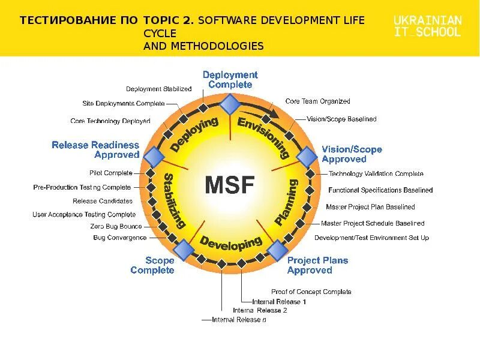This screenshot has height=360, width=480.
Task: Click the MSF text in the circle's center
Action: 230,185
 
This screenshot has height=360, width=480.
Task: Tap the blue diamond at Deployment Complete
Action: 229,105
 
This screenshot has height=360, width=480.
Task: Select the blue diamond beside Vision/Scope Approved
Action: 307,157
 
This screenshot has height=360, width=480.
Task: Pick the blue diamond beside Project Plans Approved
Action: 277,249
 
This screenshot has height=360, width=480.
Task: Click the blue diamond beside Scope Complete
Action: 184,249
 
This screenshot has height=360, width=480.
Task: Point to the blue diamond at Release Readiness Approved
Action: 154,157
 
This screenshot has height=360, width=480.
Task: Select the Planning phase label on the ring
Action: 287,202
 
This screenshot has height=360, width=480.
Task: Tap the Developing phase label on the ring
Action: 231,243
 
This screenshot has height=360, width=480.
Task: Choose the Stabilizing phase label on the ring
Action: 174,200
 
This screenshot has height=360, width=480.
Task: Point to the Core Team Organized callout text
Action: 317,101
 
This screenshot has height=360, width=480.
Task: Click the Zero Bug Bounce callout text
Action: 116,226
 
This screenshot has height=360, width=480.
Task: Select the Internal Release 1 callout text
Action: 279,301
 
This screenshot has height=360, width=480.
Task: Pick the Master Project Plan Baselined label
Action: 370,207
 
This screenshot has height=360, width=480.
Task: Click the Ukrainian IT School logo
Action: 427,26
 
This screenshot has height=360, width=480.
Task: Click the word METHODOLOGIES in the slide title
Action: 203,46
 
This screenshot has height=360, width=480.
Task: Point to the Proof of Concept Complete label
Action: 311,292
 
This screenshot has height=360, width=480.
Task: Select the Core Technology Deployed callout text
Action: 110,121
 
